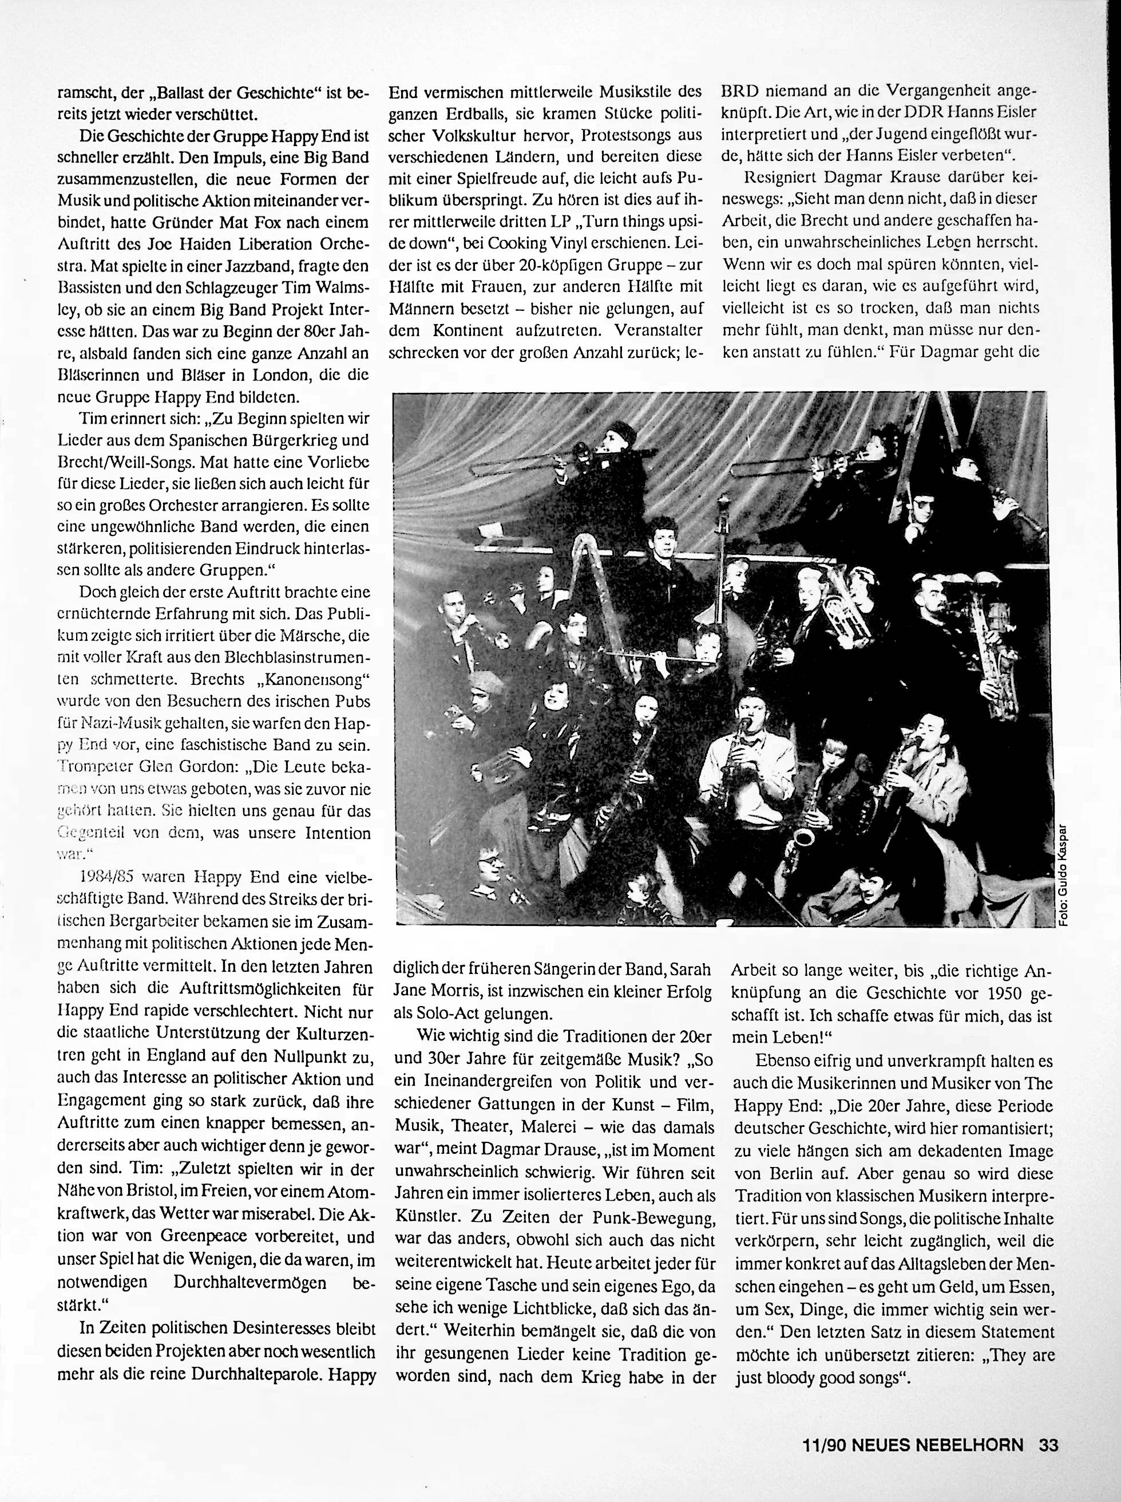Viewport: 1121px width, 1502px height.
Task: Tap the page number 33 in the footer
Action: tap(1048, 1443)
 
